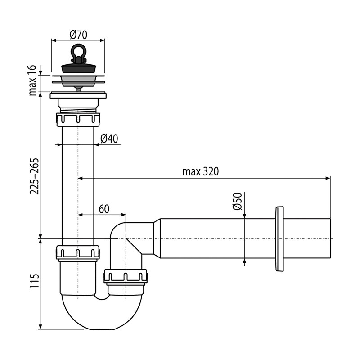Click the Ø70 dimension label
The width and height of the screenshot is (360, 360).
point(78,35)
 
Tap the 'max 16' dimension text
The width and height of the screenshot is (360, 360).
point(33,81)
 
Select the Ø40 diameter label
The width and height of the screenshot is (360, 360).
point(109,139)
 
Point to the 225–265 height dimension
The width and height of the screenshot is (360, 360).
point(34,176)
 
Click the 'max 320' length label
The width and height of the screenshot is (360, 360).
point(200,171)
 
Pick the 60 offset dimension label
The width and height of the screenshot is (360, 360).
point(104,209)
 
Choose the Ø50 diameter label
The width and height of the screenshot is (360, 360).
point(238,201)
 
